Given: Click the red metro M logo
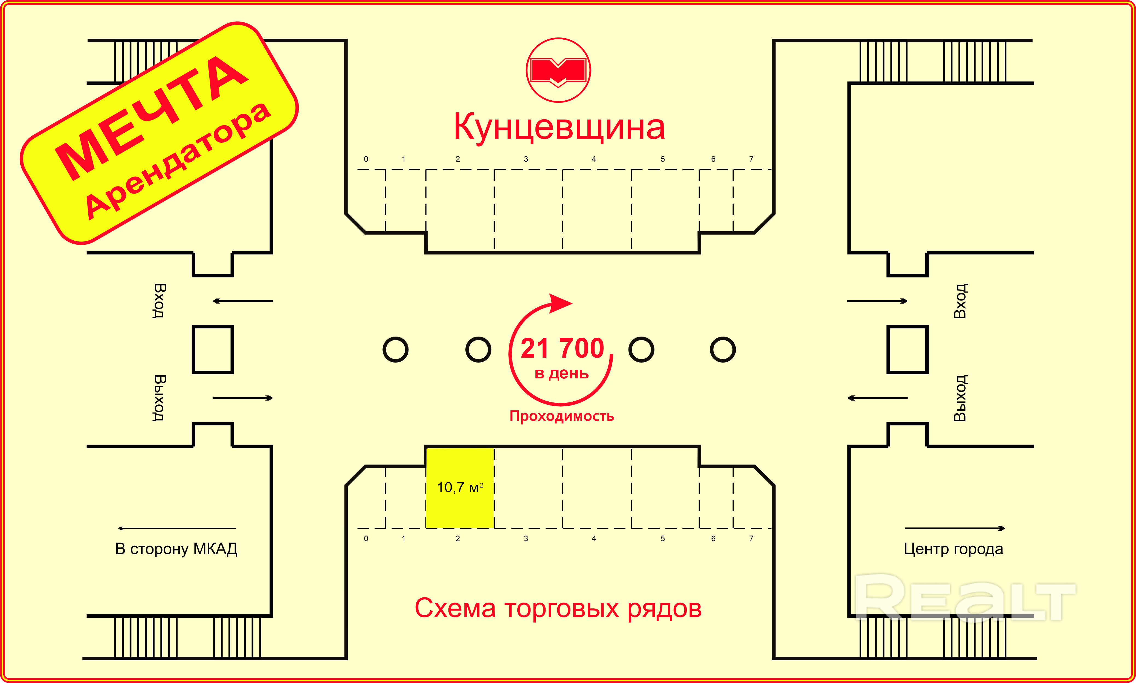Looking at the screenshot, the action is tap(558, 70).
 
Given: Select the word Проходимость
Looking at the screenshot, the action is tap(561, 416).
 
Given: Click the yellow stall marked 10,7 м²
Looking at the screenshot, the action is tap(460, 488).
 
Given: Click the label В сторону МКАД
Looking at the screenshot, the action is tap(176, 549).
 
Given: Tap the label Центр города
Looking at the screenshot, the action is tap(953, 549).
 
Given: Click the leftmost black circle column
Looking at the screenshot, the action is tap(395, 350).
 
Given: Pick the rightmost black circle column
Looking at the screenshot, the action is tap(723, 350).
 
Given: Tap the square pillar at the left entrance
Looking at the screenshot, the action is tap(213, 350).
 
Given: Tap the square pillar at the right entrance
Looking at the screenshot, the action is tap(907, 350).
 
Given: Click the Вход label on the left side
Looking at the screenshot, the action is tap(159, 301).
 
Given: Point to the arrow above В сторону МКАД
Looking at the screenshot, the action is tap(177, 528).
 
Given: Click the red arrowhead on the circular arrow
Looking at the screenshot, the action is tap(560, 303).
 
